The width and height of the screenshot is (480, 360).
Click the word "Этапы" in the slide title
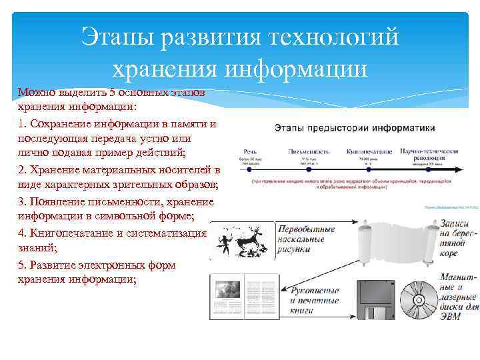pyautogui.click(x=117, y=37)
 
